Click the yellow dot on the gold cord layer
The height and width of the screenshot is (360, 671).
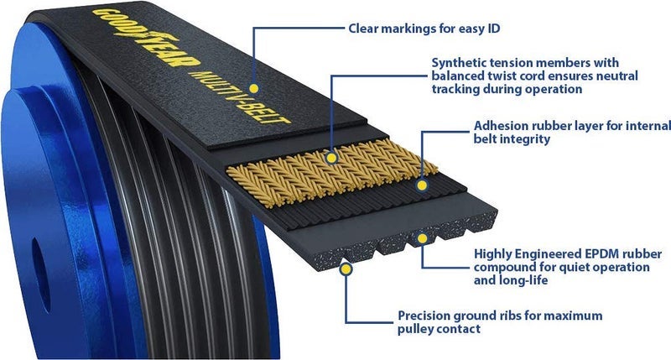333,157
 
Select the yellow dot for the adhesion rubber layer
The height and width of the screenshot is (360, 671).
422,180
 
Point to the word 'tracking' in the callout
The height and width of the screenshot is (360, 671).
455,89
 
